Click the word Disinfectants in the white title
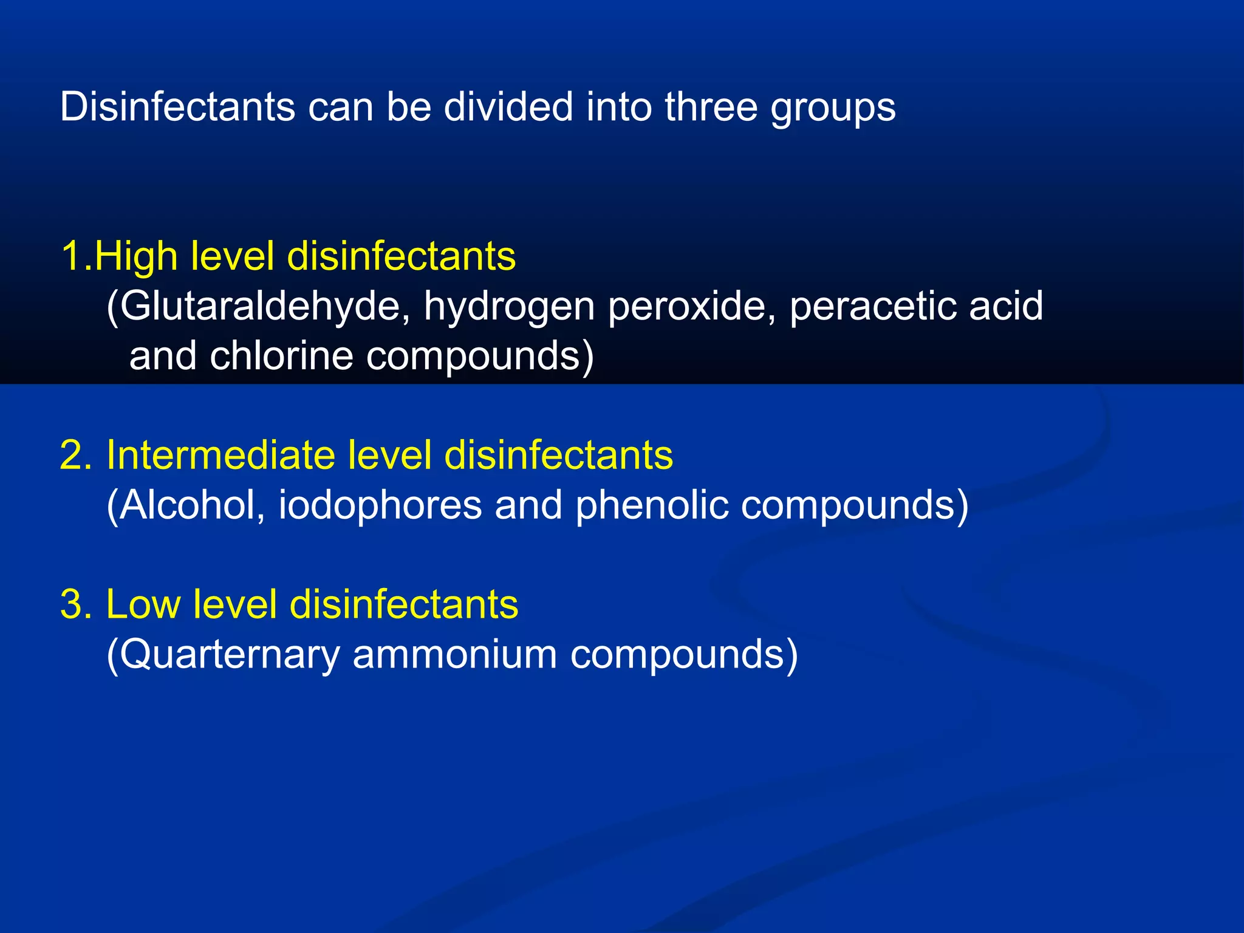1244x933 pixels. (177, 107)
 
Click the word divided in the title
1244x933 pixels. (508, 107)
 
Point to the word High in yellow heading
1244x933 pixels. (136, 256)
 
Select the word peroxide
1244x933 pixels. (692, 306)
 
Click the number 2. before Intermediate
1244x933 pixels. (77, 455)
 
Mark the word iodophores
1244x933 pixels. (380, 506)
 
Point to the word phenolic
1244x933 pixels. (652, 506)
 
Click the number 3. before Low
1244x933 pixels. (77, 604)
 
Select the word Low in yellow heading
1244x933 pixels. (143, 604)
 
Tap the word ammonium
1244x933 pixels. (454, 654)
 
